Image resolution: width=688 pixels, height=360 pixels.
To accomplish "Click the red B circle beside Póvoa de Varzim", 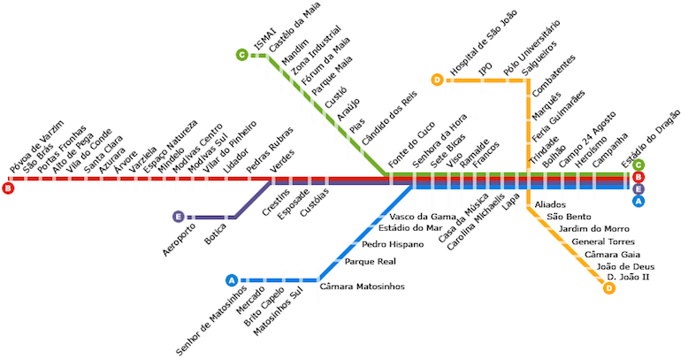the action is coord(8,188).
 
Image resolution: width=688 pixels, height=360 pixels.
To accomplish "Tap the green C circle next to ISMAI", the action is coord(241,55).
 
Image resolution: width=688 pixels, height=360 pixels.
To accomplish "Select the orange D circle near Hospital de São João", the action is coord(438,80).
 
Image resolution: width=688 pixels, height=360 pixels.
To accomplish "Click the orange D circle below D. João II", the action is coord(609,288).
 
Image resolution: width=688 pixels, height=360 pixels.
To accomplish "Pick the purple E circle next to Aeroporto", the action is coord(178,217).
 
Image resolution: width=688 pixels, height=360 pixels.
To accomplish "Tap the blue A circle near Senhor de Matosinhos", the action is coord(232,280).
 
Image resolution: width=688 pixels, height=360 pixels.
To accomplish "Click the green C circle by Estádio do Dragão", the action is coord(638,165).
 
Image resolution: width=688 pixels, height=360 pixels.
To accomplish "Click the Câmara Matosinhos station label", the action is coord(362,287).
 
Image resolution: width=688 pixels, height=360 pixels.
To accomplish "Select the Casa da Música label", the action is coord(463,218).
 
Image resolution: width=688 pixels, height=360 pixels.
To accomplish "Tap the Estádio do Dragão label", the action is coord(651,139).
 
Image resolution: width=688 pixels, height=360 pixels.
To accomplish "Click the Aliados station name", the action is coord(550,204).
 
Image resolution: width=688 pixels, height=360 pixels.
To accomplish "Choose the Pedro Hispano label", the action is coord(393,244).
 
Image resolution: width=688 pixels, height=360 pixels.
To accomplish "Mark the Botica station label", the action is coord(216,234).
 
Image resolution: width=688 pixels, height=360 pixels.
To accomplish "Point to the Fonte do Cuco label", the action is coord(411,144).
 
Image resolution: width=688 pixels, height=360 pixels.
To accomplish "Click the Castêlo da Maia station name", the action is coord(294,27).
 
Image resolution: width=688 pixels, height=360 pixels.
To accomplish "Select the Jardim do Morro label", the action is coord(594,229).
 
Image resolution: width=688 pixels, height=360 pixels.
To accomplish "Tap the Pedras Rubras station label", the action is coord(270,150).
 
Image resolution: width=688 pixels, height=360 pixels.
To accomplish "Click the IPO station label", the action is coord(485,69).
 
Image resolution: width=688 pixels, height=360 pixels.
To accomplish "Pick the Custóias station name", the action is coord(314,203).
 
